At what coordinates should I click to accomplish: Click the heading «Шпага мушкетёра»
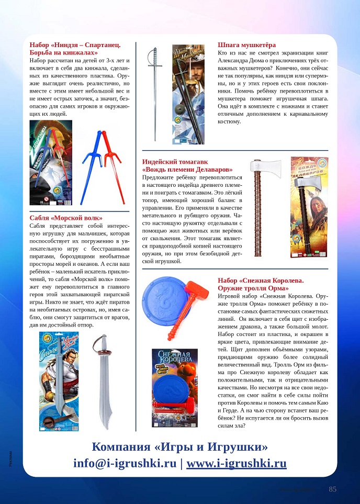[246, 45]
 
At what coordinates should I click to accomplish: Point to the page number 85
[333, 489]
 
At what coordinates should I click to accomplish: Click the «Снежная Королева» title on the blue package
[175, 360]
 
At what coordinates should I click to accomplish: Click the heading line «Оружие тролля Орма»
[253, 288]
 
